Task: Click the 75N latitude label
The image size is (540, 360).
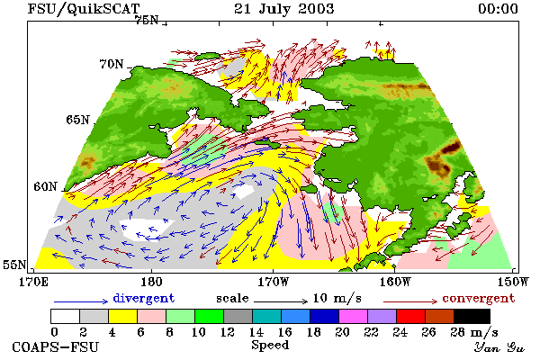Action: pos(147,21)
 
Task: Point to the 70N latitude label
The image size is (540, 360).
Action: pos(112,64)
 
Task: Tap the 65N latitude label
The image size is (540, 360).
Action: pos(77,120)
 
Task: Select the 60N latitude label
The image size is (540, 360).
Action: pos(45,186)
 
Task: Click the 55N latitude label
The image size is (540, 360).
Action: pos(14,265)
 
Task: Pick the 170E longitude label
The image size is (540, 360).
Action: pos(33,282)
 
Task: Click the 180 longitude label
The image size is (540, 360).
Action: pos(151,282)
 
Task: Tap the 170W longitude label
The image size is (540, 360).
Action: pos(273,282)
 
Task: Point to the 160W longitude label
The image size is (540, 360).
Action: pos(395,282)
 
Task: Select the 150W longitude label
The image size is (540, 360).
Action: pos(513,282)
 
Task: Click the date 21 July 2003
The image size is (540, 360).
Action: pos(284,9)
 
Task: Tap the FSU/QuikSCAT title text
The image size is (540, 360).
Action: pos(84,9)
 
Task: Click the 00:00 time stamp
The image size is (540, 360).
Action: pos(498,9)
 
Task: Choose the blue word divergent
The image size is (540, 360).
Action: pos(144,298)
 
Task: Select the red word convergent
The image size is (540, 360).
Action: pos(479,298)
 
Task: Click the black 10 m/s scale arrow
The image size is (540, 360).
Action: pos(281,301)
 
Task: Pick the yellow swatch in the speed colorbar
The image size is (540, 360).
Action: pos(122,316)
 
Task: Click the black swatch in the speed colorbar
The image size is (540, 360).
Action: pos(472,316)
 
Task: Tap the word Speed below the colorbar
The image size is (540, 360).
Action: pos(270,346)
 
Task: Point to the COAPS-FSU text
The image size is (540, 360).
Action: pos(55,346)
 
